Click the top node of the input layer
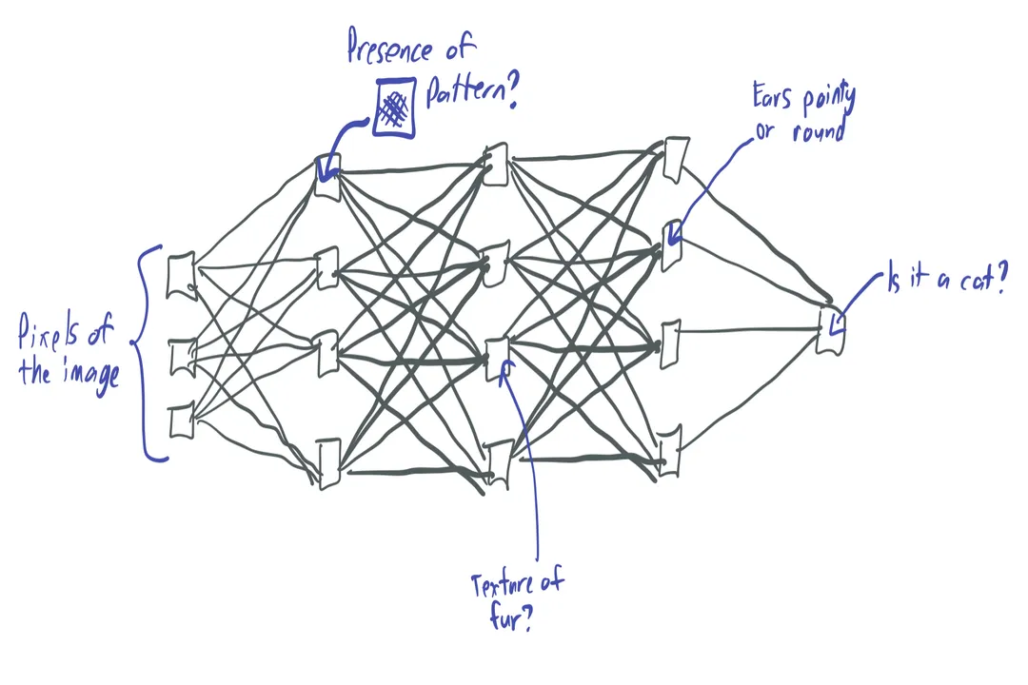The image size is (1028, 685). (x=180, y=275)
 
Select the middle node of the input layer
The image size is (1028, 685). (x=181, y=356)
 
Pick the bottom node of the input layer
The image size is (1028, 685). (x=181, y=421)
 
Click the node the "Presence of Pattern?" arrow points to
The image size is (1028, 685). (x=327, y=177)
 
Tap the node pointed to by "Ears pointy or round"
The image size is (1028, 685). (x=672, y=245)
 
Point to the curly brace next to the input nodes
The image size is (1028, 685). (x=148, y=352)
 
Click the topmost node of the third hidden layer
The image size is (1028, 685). (x=676, y=159)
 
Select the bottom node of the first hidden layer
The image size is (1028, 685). (x=328, y=463)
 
